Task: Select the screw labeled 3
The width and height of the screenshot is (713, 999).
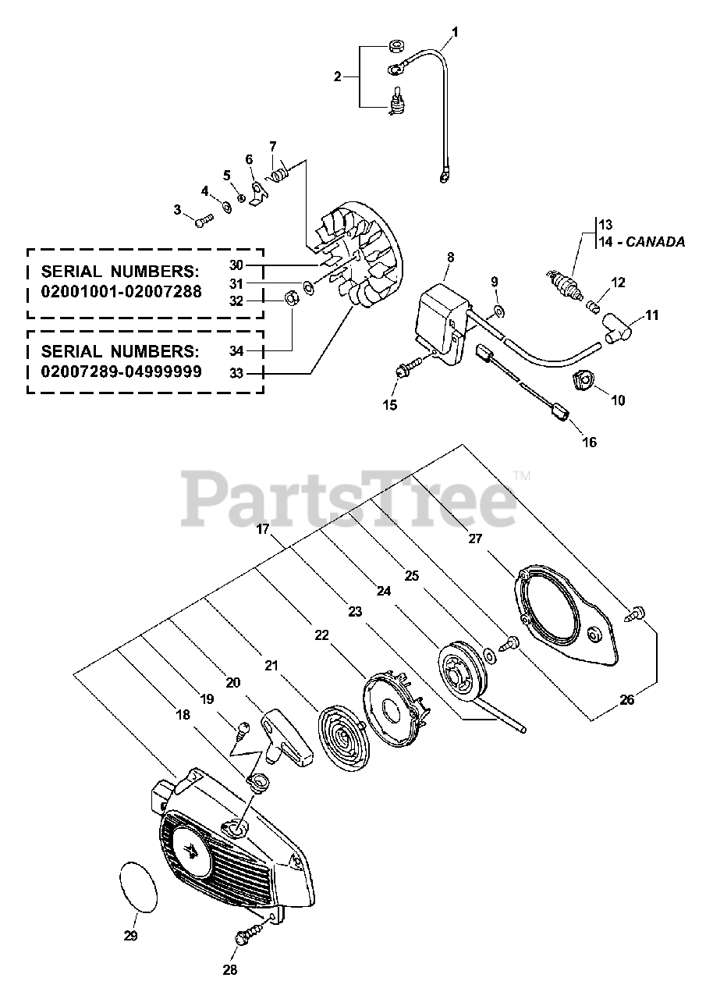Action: click(202, 222)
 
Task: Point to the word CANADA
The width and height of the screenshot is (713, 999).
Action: click(654, 243)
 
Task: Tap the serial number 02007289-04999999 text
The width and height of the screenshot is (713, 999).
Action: click(121, 372)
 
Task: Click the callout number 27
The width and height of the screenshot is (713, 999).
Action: click(475, 539)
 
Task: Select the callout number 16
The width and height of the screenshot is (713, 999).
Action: click(589, 442)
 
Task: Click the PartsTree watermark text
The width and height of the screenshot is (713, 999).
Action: click(349, 499)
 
